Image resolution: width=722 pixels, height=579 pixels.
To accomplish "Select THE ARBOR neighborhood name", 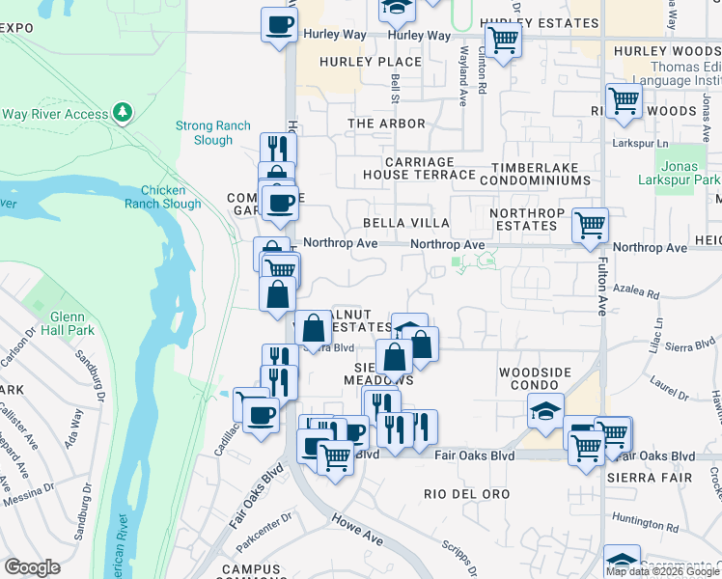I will point(386,124).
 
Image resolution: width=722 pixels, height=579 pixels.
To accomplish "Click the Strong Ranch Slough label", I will point(212,133).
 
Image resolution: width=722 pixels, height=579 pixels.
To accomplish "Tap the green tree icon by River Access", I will point(122,114).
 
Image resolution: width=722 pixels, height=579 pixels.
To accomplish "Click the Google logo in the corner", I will point(32,567).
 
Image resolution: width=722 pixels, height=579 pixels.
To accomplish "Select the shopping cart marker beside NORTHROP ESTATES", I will point(590,226).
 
